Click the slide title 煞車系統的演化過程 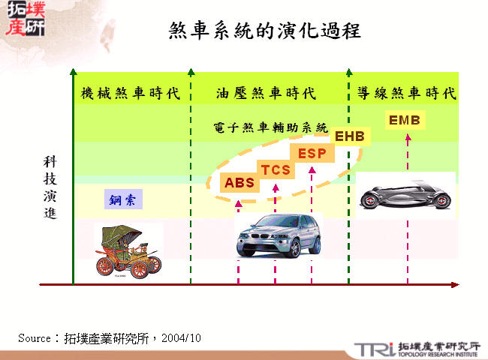click(x=265, y=31)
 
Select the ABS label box click(x=239, y=182)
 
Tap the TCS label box click(x=276, y=169)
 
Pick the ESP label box click(x=311, y=154)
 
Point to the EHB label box click(x=349, y=136)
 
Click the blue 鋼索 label click(x=122, y=200)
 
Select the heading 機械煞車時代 click(x=131, y=94)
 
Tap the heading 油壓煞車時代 click(x=265, y=94)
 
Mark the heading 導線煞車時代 click(x=406, y=94)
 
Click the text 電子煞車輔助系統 click(x=270, y=128)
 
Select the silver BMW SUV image click(x=277, y=235)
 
